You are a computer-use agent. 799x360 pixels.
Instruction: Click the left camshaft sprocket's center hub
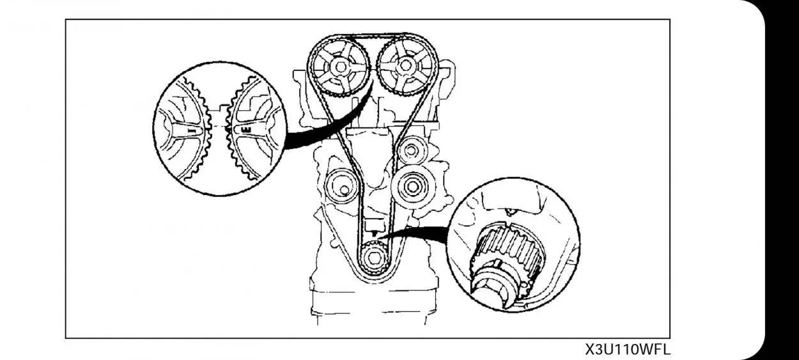coord(339,67)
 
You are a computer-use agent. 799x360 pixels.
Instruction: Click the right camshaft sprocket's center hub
coord(405,65)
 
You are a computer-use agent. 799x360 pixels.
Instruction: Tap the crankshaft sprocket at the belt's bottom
coord(372,260)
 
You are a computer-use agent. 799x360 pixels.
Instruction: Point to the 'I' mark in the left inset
coord(192,129)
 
